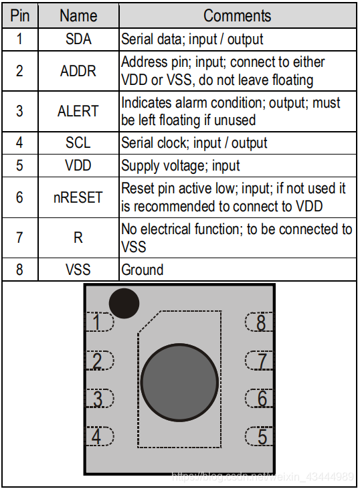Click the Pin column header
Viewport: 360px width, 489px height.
pos(20,15)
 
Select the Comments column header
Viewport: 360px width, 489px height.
pos(238,15)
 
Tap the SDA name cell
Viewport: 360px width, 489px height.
pos(78,39)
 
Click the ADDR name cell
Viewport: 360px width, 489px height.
pos(78,71)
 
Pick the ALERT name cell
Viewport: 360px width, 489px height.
pos(78,111)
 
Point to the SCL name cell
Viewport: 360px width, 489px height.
pos(78,143)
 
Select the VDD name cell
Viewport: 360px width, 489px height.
pos(78,165)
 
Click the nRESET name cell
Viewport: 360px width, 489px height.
pos(78,197)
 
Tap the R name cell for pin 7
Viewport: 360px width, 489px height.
pos(78,237)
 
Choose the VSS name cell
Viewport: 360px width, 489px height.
pos(78,270)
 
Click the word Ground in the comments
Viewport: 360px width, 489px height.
pos(143,270)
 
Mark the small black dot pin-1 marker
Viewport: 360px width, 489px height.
pos(124,303)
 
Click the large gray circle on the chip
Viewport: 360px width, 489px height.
pos(179,383)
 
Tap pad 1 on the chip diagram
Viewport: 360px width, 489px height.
pos(100,322)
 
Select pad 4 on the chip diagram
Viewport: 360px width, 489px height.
pos(100,436)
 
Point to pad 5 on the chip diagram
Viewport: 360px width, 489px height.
pos(259,436)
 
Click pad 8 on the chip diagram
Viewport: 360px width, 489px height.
pos(259,322)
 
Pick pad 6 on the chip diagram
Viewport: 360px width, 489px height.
pos(259,398)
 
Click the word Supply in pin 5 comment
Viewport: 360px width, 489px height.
pos(141,166)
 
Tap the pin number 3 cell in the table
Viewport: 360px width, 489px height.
pos(20,111)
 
